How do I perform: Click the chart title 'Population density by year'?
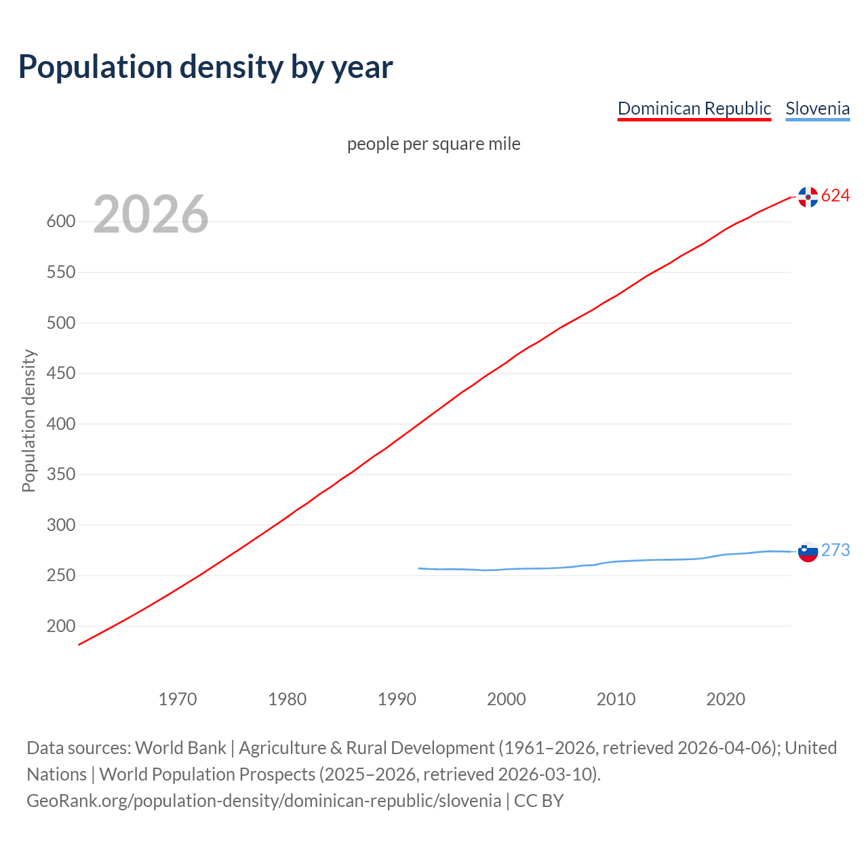205,66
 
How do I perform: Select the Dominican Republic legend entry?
694,108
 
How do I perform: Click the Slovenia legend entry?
817,108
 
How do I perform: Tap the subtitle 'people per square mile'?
433,144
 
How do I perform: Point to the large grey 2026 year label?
151,214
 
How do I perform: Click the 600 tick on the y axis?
60,222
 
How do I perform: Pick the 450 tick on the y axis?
60,374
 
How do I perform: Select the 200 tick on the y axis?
60,627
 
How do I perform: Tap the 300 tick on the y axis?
60,526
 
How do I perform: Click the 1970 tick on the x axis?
178,698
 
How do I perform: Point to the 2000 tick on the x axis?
507,698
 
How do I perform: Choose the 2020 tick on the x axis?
726,698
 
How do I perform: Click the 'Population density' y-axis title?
28,420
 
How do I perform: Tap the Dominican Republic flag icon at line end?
808,197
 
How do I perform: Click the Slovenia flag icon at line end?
808,551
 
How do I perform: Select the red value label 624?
835,196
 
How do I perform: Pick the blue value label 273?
835,550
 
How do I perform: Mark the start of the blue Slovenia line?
419,568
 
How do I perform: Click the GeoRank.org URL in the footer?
264,801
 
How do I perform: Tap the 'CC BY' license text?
538,801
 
